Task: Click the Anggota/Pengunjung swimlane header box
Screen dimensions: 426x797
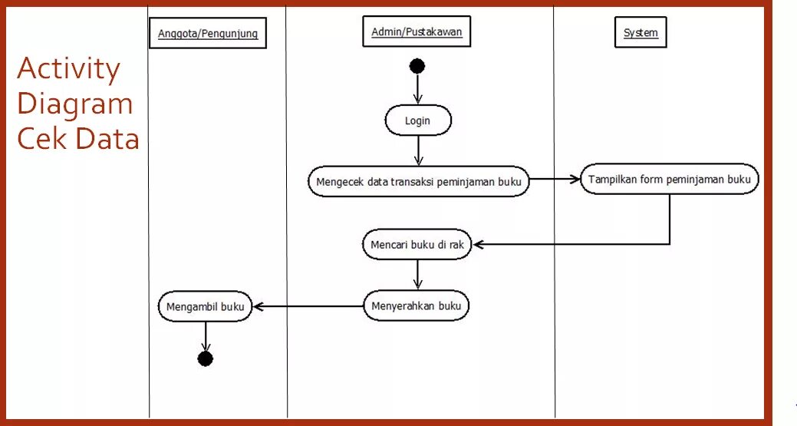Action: point(207,35)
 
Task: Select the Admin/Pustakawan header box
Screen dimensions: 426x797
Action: point(417,32)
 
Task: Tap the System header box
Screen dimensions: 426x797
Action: point(641,33)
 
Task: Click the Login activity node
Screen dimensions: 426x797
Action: point(418,121)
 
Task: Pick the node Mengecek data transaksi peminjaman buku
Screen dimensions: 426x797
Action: point(419,182)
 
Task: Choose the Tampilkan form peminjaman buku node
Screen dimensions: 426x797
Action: point(670,180)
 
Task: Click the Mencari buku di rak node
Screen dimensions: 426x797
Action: point(418,245)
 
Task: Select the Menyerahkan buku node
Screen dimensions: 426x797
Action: point(417,306)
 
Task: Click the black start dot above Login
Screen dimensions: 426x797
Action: point(417,66)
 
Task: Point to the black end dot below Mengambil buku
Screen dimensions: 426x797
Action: point(205,358)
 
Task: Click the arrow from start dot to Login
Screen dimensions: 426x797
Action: point(417,89)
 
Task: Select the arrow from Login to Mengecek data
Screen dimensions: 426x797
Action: point(417,150)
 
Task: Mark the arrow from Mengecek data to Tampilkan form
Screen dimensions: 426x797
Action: point(555,180)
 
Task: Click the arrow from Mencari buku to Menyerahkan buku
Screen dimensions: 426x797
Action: point(417,274)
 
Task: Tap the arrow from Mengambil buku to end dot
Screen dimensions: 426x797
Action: point(205,336)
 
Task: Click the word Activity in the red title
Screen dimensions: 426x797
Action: point(68,70)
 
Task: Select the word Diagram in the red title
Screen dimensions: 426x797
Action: point(75,104)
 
